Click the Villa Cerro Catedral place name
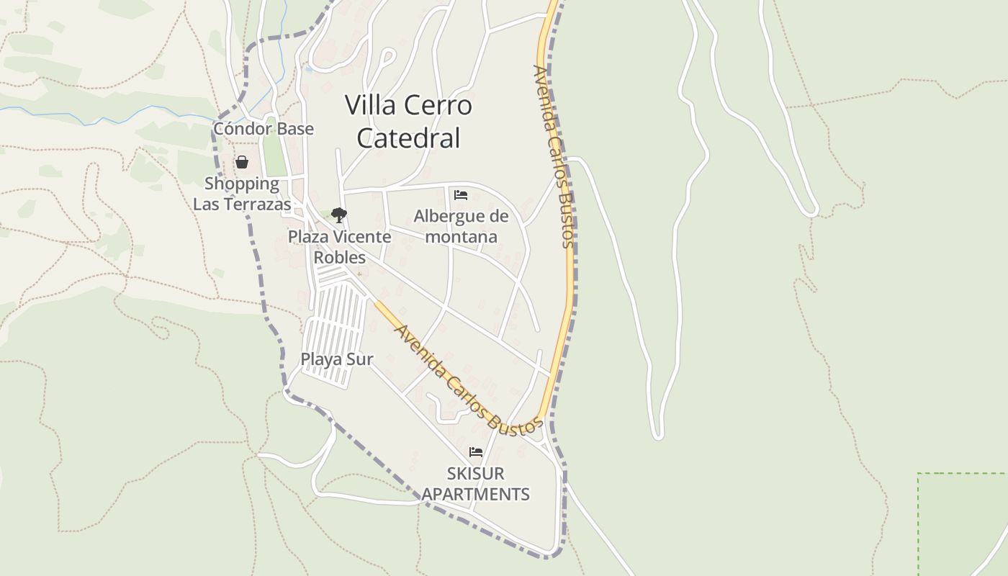pyautogui.click(x=409, y=121)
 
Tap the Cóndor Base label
pyautogui.click(x=264, y=129)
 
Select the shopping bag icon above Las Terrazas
pyautogui.click(x=242, y=162)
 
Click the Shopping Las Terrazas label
pyautogui.click(x=242, y=194)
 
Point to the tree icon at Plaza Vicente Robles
pyautogui.click(x=339, y=215)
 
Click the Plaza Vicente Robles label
pyautogui.click(x=340, y=247)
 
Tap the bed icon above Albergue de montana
pyautogui.click(x=461, y=195)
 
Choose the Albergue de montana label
pyautogui.click(x=461, y=226)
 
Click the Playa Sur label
pyautogui.click(x=337, y=359)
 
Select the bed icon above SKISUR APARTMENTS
pyautogui.click(x=475, y=452)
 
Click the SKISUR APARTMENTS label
pyautogui.click(x=475, y=484)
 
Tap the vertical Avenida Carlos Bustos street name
pyautogui.click(x=554, y=156)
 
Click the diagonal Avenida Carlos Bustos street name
pyautogui.click(x=468, y=380)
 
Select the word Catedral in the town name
pyautogui.click(x=408, y=138)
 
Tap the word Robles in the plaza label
pyautogui.click(x=340, y=258)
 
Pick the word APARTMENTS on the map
pyautogui.click(x=475, y=495)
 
